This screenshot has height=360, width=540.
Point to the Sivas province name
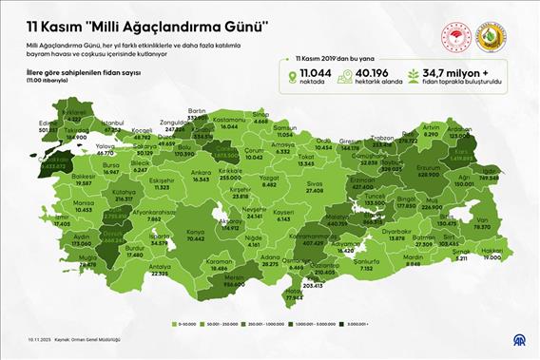315,184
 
